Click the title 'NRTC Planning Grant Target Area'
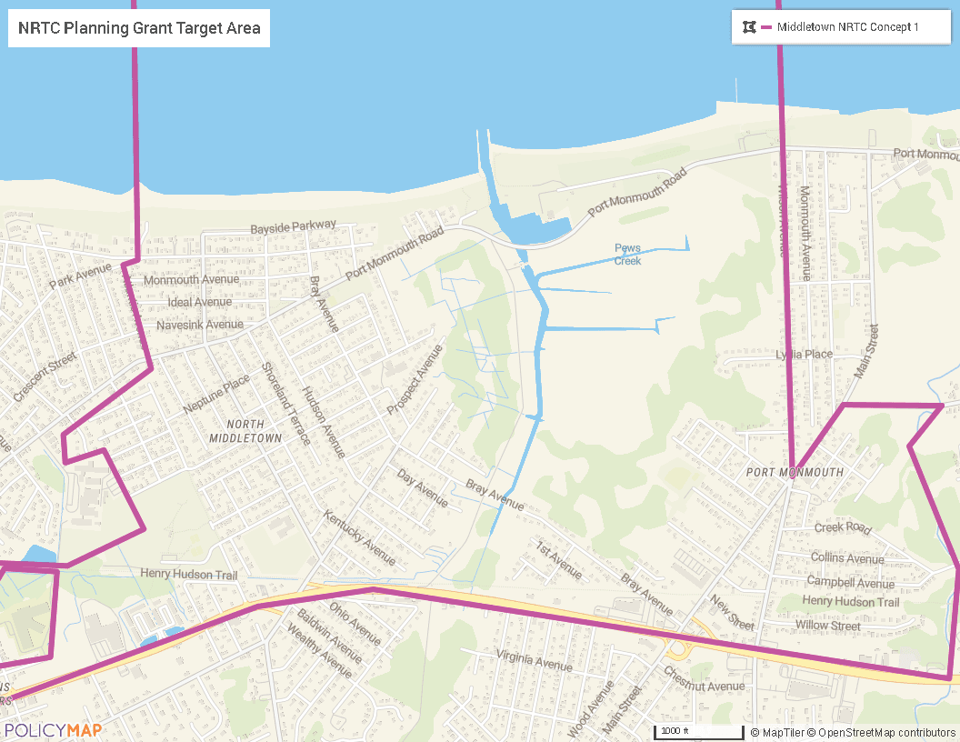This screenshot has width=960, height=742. coord(139,28)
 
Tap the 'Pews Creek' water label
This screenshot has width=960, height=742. coord(627,254)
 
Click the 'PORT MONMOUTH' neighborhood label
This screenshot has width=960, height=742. coord(795,473)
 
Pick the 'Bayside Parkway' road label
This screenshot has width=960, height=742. coord(293,226)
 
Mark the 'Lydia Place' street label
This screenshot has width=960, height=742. coord(804,354)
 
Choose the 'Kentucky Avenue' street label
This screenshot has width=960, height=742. coord(360,537)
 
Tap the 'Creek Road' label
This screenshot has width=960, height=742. coord(843,527)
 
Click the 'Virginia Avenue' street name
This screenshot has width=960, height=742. coord(535,661)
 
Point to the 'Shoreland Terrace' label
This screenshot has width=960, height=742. coord(285,403)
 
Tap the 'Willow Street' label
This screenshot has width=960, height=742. coord(828,626)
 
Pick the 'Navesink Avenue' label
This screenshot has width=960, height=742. coord(200,325)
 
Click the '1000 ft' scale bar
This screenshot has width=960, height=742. coord(698,731)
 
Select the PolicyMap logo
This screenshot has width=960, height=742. coord(52,730)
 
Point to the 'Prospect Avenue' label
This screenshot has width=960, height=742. coord(415,379)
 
